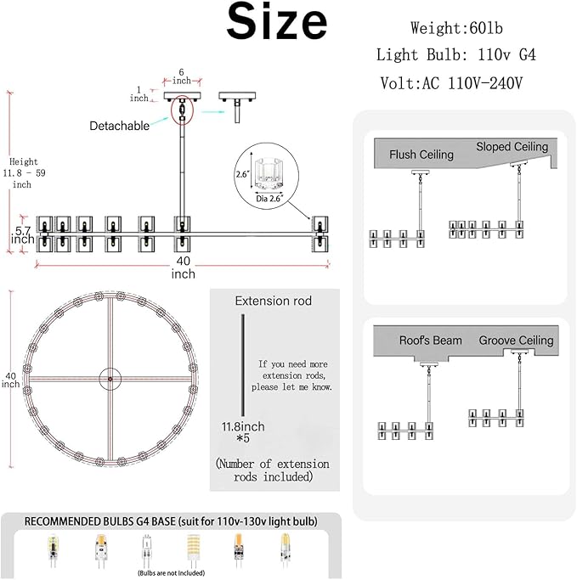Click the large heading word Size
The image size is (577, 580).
277,21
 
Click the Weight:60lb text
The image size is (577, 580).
456,29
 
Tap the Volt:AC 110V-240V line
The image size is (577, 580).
451,83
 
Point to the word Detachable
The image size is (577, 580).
119,126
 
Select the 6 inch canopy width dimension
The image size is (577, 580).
181,76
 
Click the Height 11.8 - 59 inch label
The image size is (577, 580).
24,172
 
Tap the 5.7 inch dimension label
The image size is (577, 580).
23,235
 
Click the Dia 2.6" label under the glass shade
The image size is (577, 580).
269,199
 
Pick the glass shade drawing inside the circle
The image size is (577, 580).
267,173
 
